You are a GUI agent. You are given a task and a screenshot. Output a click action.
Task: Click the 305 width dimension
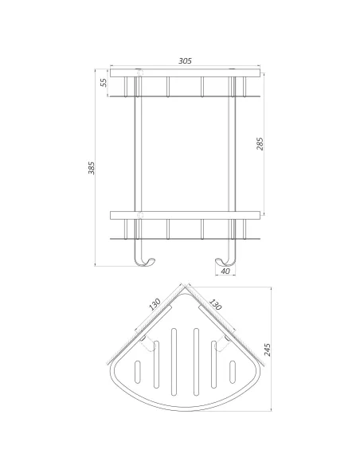(185, 61)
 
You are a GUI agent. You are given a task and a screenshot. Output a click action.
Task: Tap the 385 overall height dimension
(92, 168)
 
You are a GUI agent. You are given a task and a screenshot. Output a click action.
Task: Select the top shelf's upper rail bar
(185, 73)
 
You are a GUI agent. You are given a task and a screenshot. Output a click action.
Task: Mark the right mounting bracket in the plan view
(225, 343)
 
